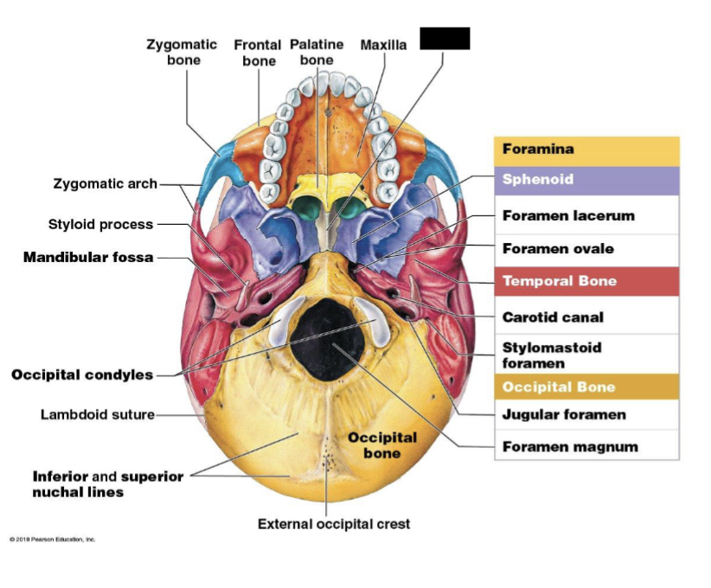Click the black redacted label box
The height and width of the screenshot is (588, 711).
coord(445,38)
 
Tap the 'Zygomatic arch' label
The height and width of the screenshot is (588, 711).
coord(106,183)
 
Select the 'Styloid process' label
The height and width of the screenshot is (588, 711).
coord(100,224)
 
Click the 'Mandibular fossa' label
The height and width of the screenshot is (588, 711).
coord(88,257)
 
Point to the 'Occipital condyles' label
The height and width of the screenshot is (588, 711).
coord(82,374)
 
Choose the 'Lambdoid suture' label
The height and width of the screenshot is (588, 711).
coord(98,414)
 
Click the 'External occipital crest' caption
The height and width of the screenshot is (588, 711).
coord(334,523)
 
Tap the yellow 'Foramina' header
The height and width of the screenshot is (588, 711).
coord(538,149)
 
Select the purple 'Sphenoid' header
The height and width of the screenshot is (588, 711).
coord(538,180)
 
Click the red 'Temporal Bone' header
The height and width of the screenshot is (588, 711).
coord(560,281)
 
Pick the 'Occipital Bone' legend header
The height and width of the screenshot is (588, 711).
coord(559,387)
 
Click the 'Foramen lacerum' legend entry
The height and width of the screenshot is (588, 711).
coord(568,215)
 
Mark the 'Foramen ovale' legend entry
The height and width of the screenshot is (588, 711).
coord(558,249)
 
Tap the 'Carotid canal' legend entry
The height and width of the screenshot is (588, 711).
coord(553,317)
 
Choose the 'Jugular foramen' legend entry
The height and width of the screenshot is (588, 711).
coord(564,414)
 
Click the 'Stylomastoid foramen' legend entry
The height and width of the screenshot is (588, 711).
coord(552,355)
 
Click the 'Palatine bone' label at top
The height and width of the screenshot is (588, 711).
coord(317,52)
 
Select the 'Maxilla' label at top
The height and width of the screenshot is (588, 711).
coord(383,45)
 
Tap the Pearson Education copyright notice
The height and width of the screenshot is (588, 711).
coord(53,539)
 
